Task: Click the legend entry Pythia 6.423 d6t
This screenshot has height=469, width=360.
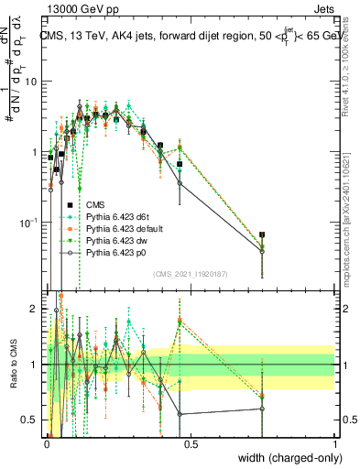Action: pyautogui.click(x=115, y=216)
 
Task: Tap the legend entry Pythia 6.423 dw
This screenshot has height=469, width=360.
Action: pyautogui.click(x=115, y=240)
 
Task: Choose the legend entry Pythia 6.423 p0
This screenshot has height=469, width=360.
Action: pyautogui.click(x=115, y=252)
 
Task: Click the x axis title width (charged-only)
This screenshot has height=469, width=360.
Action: pyautogui.click(x=286, y=459)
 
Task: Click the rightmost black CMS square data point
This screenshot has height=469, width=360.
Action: pyautogui.click(x=263, y=235)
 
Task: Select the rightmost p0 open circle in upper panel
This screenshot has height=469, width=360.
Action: pyautogui.click(x=263, y=250)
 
